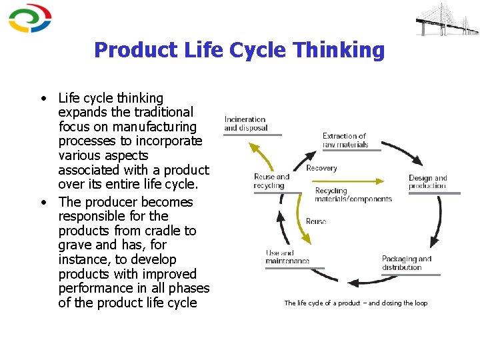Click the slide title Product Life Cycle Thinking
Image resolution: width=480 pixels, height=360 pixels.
(x=239, y=50)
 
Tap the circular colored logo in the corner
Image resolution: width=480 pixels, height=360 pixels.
(x=30, y=18)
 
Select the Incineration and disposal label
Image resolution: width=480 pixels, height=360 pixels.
(x=245, y=123)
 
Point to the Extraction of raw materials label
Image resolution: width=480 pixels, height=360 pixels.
(x=345, y=140)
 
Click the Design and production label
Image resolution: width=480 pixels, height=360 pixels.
(x=427, y=182)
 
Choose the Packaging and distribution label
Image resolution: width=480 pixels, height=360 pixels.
(x=406, y=263)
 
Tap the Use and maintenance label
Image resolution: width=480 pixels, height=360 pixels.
(x=287, y=257)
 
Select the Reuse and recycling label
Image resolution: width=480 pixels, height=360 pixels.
(x=271, y=181)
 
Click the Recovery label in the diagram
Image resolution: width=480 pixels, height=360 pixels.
(x=321, y=169)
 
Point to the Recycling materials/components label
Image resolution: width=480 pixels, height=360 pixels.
(x=353, y=195)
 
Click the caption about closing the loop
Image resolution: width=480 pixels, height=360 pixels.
(x=355, y=303)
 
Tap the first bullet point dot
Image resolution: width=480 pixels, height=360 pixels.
(x=42, y=99)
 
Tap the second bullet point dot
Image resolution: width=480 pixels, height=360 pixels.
(x=42, y=203)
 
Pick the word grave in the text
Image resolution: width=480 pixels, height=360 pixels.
(x=75, y=245)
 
